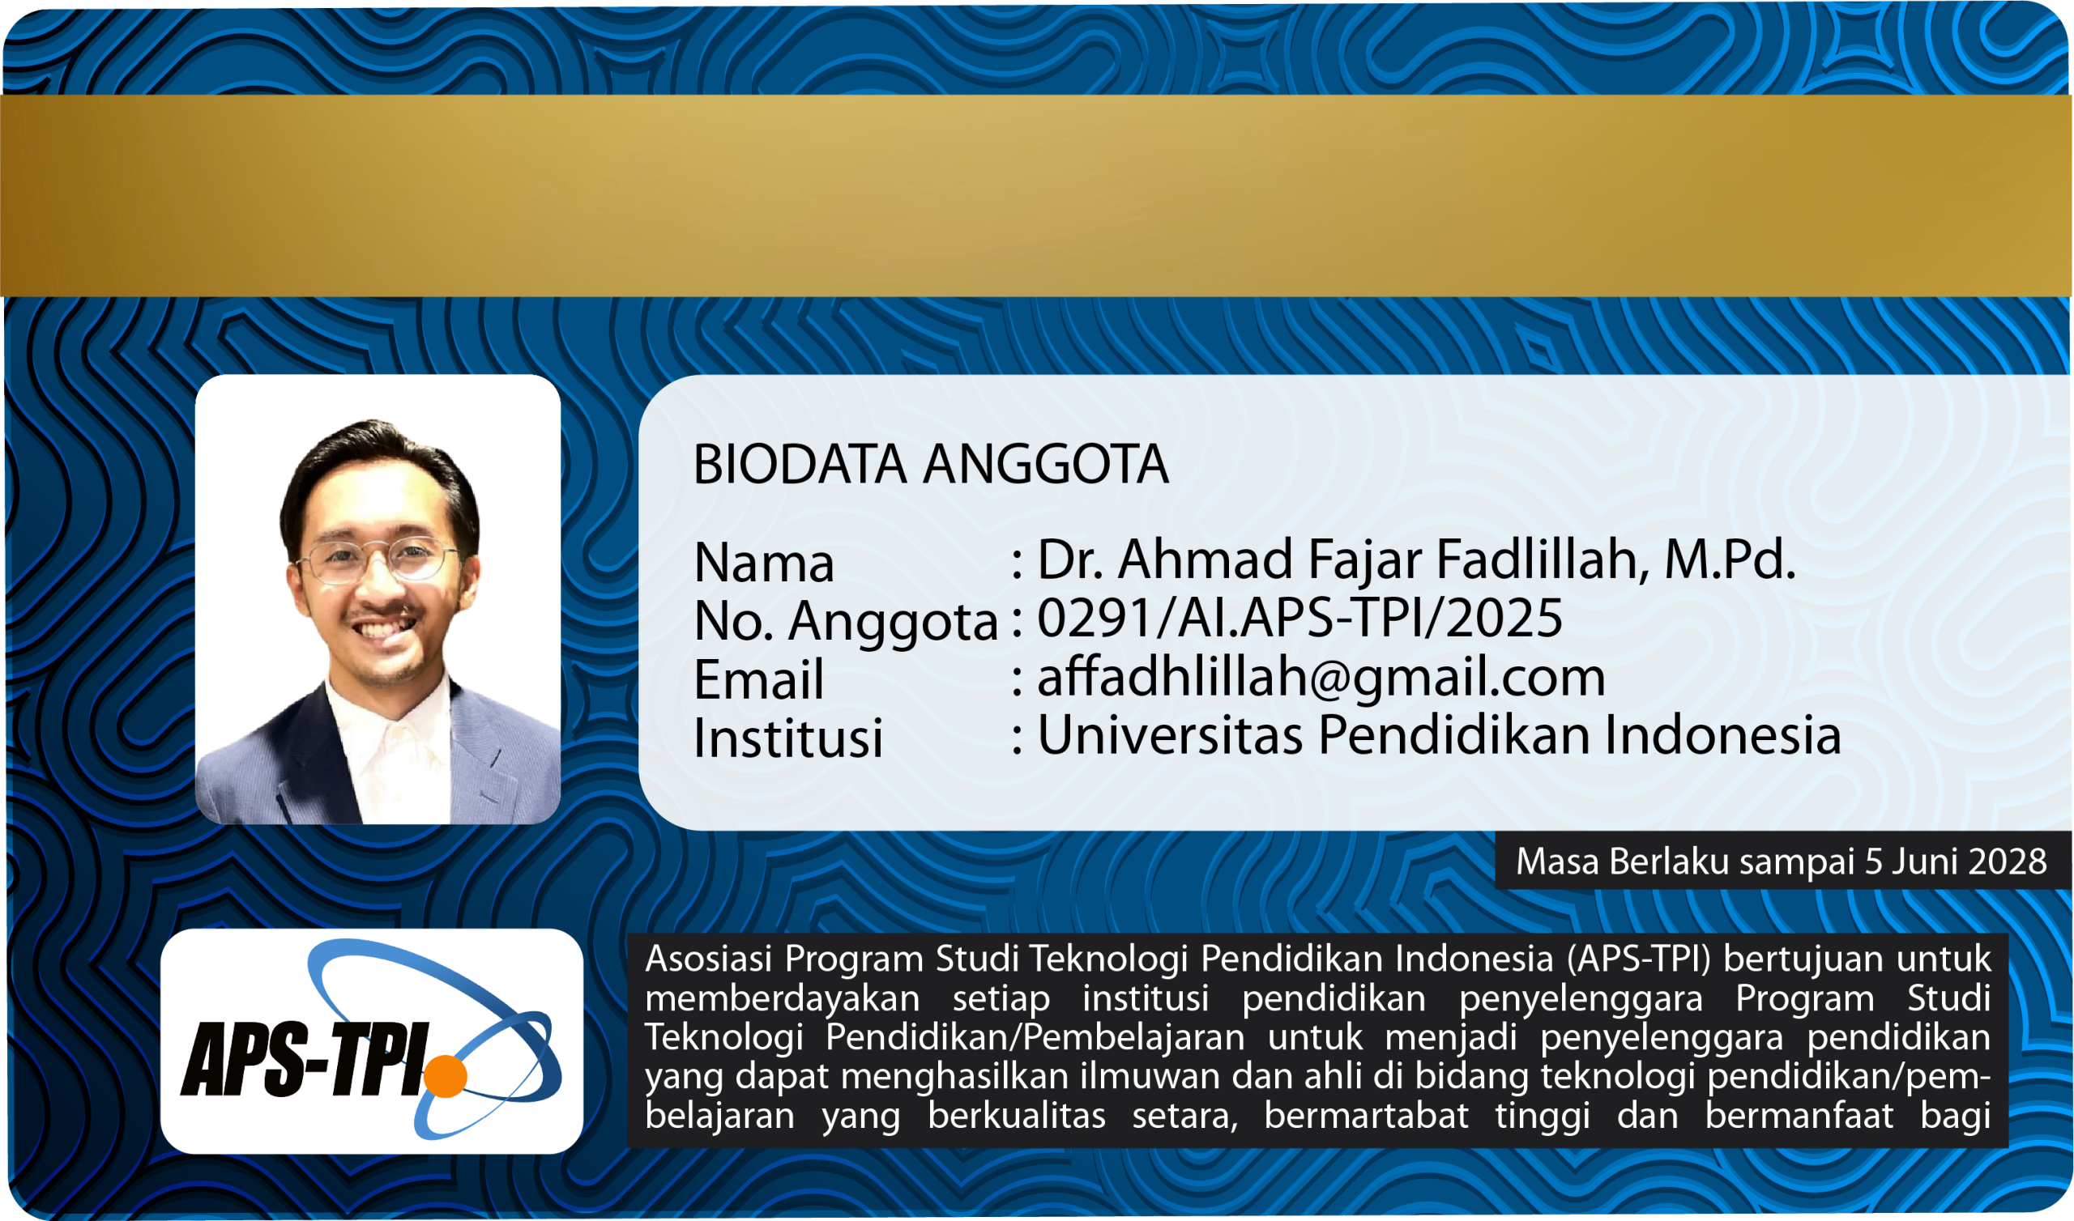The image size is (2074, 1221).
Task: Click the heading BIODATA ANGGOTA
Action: coord(931,465)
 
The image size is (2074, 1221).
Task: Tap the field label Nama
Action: coord(764,564)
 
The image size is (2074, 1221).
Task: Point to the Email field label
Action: coord(758,679)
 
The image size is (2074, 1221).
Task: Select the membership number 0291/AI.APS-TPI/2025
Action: coord(1299,619)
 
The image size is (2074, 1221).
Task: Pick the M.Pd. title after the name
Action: coord(1729,560)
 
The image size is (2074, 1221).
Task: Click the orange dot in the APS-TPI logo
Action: coord(446,1076)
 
